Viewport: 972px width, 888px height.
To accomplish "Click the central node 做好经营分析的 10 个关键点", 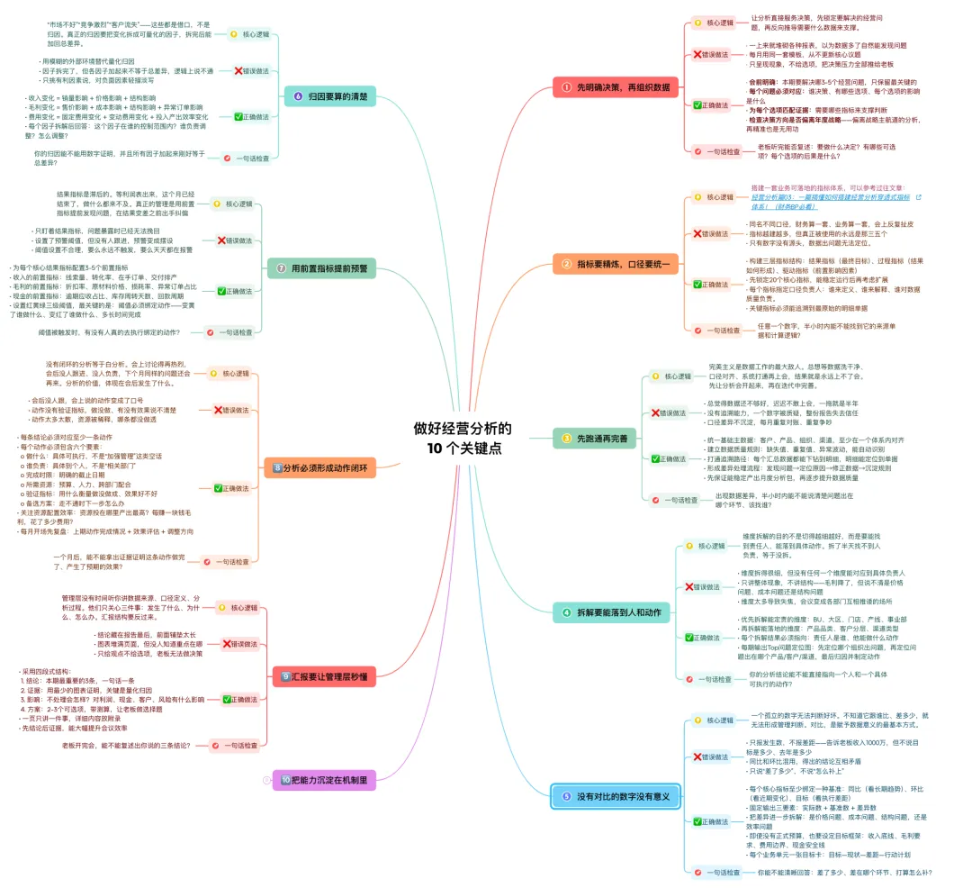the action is pyautogui.click(x=463, y=438).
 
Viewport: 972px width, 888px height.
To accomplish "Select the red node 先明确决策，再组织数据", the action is pyautogui.click(x=617, y=87).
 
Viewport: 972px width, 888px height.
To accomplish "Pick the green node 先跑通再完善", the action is pyautogui.click(x=596, y=439).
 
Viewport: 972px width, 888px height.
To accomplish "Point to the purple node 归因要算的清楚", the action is pyautogui.click(x=330, y=95).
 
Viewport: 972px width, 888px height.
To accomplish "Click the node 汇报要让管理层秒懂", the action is pyautogui.click(x=323, y=675).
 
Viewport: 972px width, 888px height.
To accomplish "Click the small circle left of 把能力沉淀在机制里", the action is pyautogui.click(x=265, y=780).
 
